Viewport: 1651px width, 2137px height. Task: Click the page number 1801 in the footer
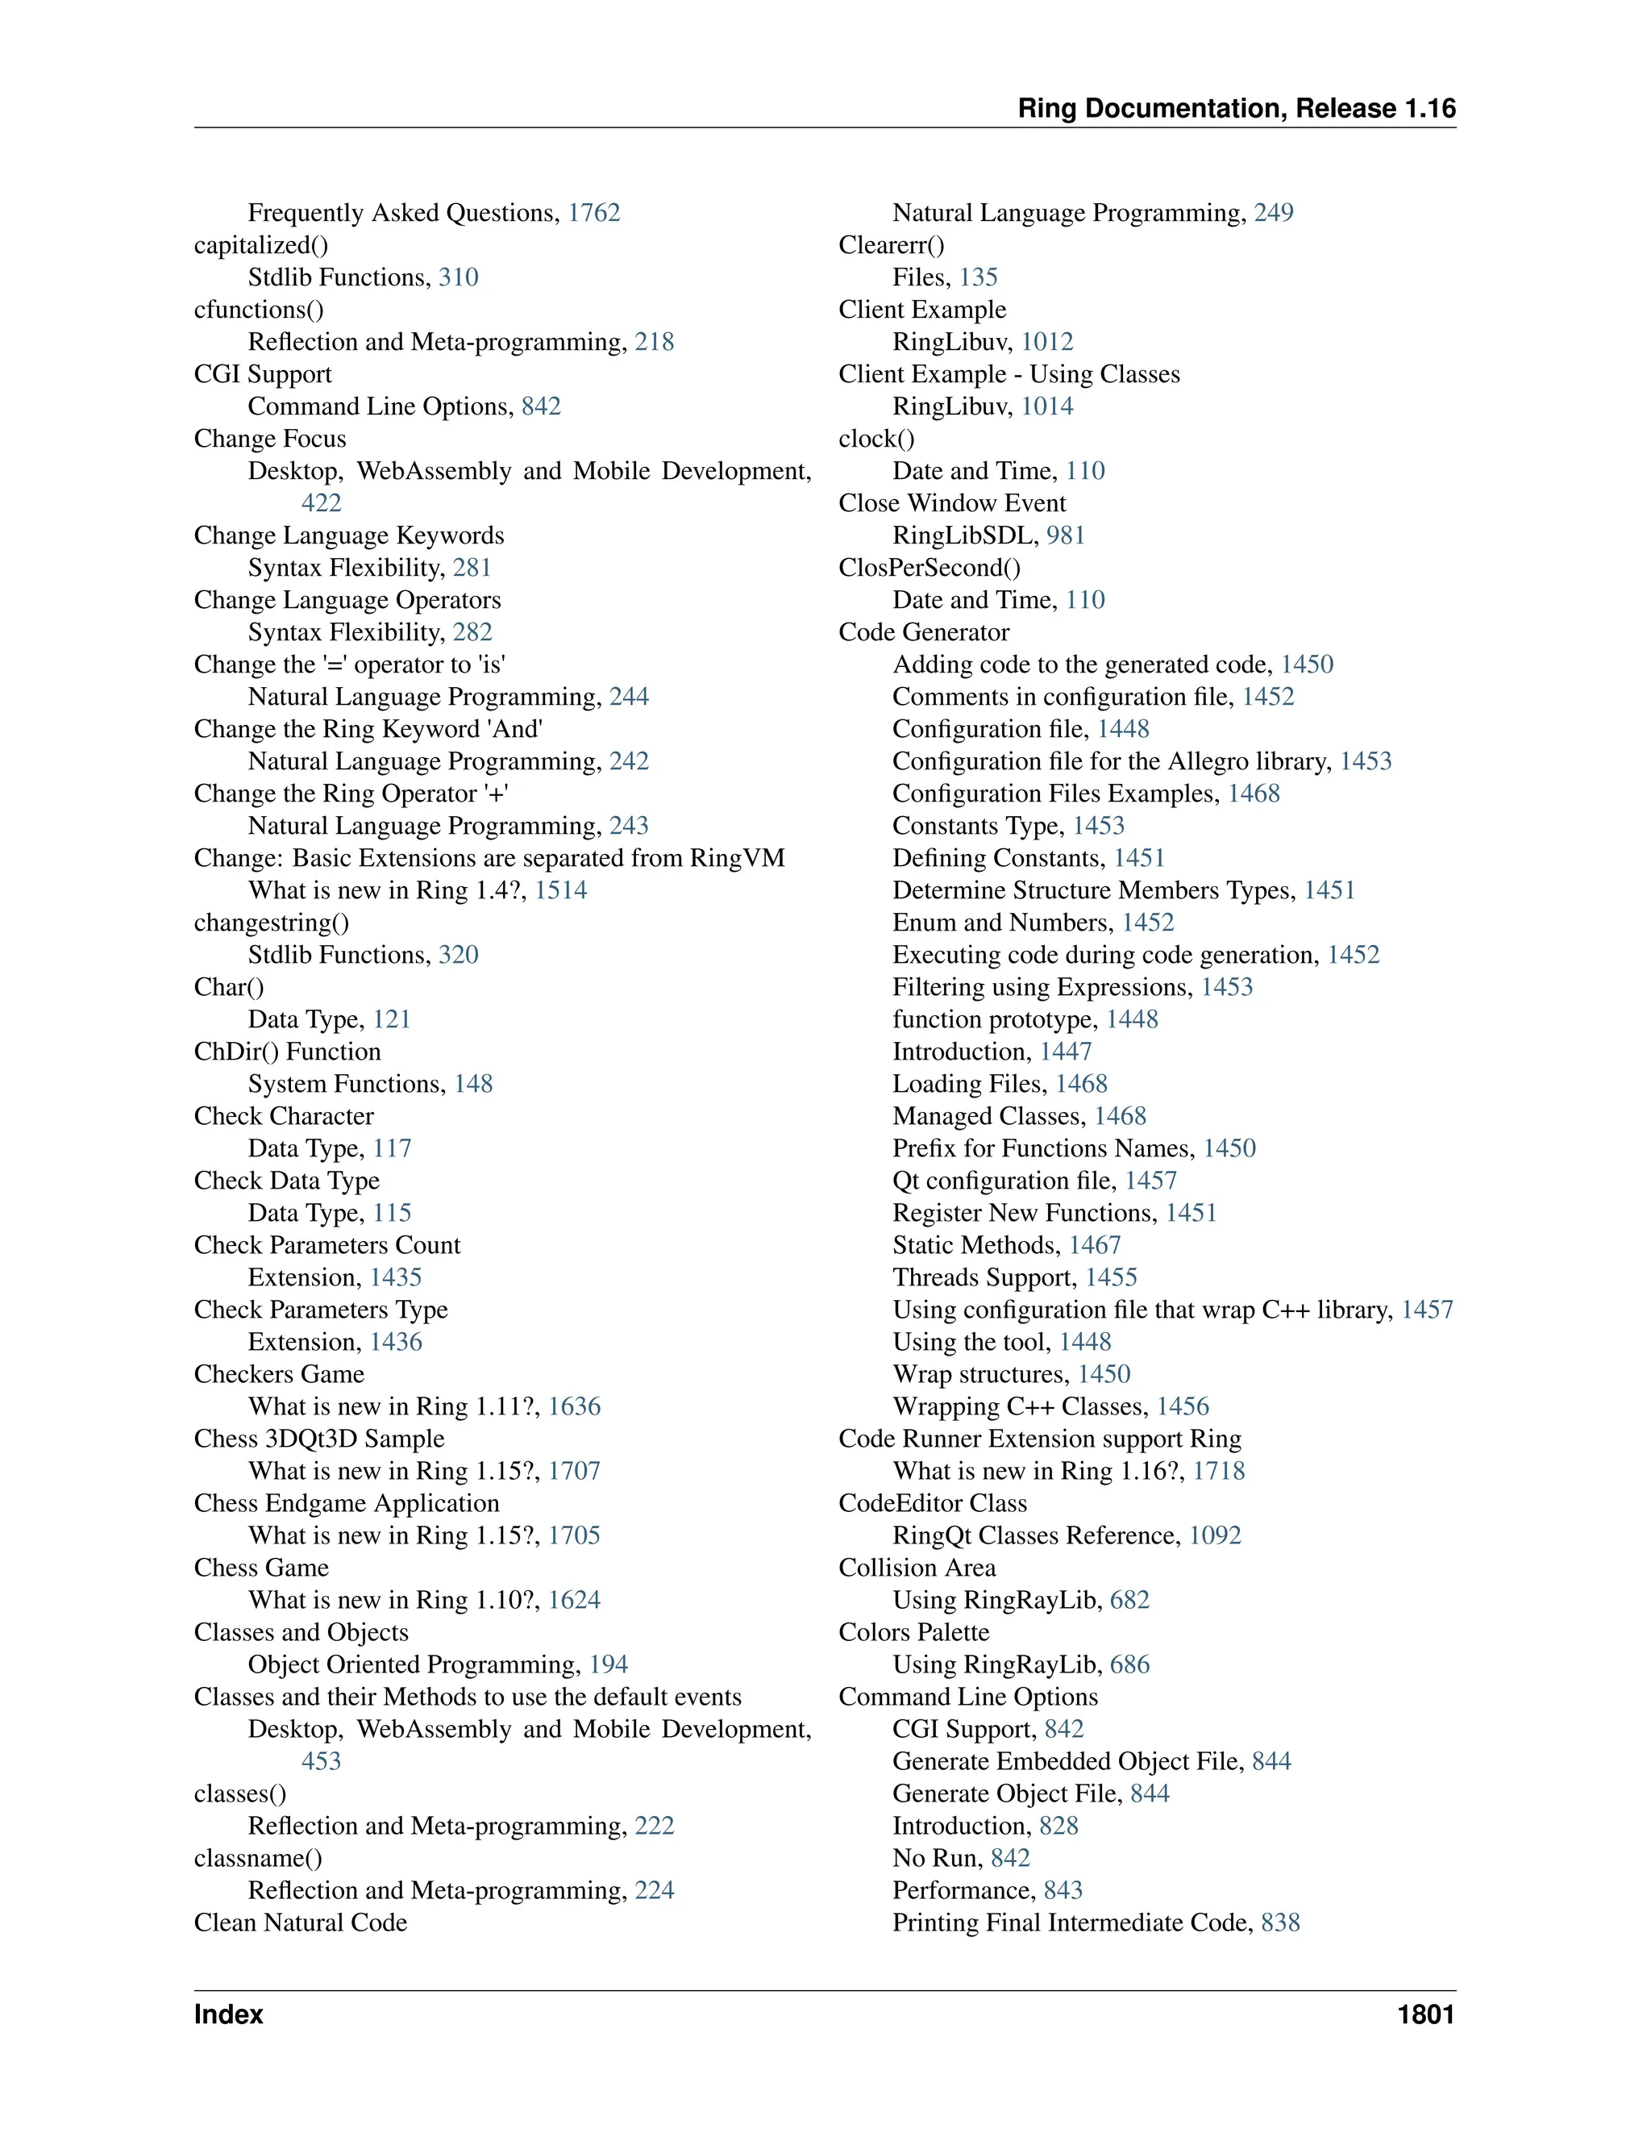coord(1425,2014)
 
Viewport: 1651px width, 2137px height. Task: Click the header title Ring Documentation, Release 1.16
coord(1237,109)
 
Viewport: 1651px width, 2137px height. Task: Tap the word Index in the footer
coord(228,2014)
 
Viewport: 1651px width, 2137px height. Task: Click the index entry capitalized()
coord(260,246)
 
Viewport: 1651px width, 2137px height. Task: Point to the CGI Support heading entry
coord(262,375)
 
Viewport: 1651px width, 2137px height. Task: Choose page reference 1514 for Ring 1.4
coord(560,890)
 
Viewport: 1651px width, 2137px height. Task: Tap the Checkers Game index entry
coord(279,1375)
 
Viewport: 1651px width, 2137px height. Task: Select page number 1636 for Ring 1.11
coord(574,1407)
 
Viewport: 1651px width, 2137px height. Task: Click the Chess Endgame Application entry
coord(346,1504)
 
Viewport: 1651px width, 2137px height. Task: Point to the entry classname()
coord(257,1858)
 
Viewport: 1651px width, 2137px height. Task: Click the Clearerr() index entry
coord(891,246)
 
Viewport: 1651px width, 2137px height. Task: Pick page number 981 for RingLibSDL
coord(1065,536)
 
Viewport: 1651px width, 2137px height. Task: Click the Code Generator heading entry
coord(923,633)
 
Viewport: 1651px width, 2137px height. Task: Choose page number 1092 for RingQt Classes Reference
coord(1215,1536)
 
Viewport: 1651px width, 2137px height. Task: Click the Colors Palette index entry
coord(913,1633)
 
